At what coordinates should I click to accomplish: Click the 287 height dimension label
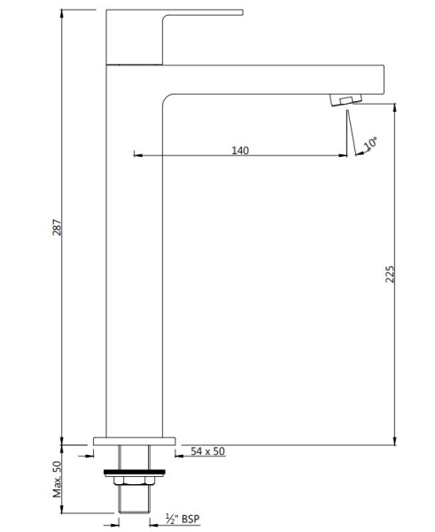tap(58, 226)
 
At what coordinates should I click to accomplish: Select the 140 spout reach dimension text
tap(239, 150)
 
